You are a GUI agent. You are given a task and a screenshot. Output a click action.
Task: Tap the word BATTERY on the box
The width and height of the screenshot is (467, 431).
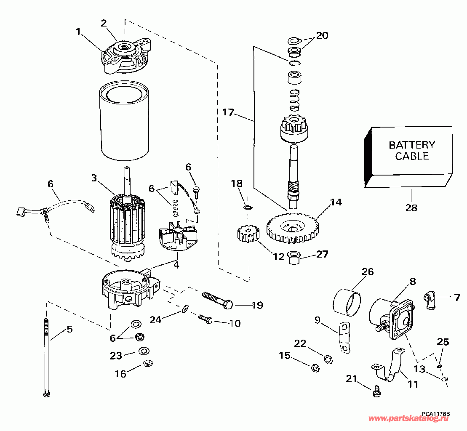(x=412, y=145)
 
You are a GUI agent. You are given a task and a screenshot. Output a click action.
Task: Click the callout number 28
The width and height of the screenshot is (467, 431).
(x=411, y=208)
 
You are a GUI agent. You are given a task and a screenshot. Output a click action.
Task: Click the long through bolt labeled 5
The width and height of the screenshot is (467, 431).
(x=46, y=358)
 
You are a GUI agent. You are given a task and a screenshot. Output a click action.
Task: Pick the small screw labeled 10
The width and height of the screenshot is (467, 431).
(x=205, y=319)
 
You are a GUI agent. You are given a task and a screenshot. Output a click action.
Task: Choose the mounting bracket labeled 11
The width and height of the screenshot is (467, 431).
(x=388, y=364)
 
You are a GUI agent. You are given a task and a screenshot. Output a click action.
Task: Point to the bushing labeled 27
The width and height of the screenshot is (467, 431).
(x=294, y=258)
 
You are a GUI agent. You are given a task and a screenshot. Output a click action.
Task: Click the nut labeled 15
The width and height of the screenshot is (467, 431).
(x=315, y=368)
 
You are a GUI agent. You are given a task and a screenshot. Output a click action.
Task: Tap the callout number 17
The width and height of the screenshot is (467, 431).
(x=228, y=112)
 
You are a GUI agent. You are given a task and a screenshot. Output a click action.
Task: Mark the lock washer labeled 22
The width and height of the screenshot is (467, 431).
(x=328, y=359)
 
